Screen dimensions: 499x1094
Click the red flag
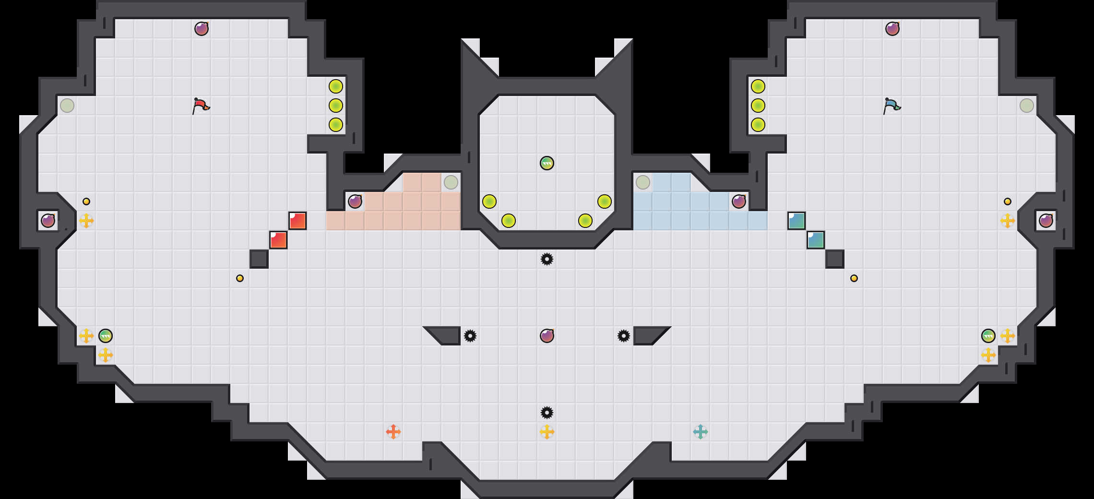click(201, 106)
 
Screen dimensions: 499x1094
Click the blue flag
click(892, 106)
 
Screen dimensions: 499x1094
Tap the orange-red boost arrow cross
click(393, 432)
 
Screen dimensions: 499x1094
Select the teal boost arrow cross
click(701, 432)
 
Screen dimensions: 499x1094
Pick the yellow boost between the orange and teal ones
click(547, 432)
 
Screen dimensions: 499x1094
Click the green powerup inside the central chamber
click(547, 163)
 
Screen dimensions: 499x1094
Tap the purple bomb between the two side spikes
click(547, 336)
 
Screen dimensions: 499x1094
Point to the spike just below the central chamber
click(547, 259)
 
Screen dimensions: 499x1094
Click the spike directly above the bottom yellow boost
click(547, 413)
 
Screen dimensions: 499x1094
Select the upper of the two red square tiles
click(297, 221)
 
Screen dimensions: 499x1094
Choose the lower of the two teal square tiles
click(816, 240)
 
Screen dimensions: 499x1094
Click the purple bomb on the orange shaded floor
click(355, 202)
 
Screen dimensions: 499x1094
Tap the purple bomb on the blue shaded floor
click(739, 202)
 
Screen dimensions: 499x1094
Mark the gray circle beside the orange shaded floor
click(451, 182)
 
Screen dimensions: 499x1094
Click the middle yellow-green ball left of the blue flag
click(758, 106)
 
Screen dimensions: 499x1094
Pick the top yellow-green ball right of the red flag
click(336, 86)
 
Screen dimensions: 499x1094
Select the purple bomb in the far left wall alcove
click(48, 221)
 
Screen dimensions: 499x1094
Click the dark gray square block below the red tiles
click(259, 259)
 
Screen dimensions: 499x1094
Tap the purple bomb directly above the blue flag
click(892, 29)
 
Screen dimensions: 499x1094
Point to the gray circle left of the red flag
click(67, 106)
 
